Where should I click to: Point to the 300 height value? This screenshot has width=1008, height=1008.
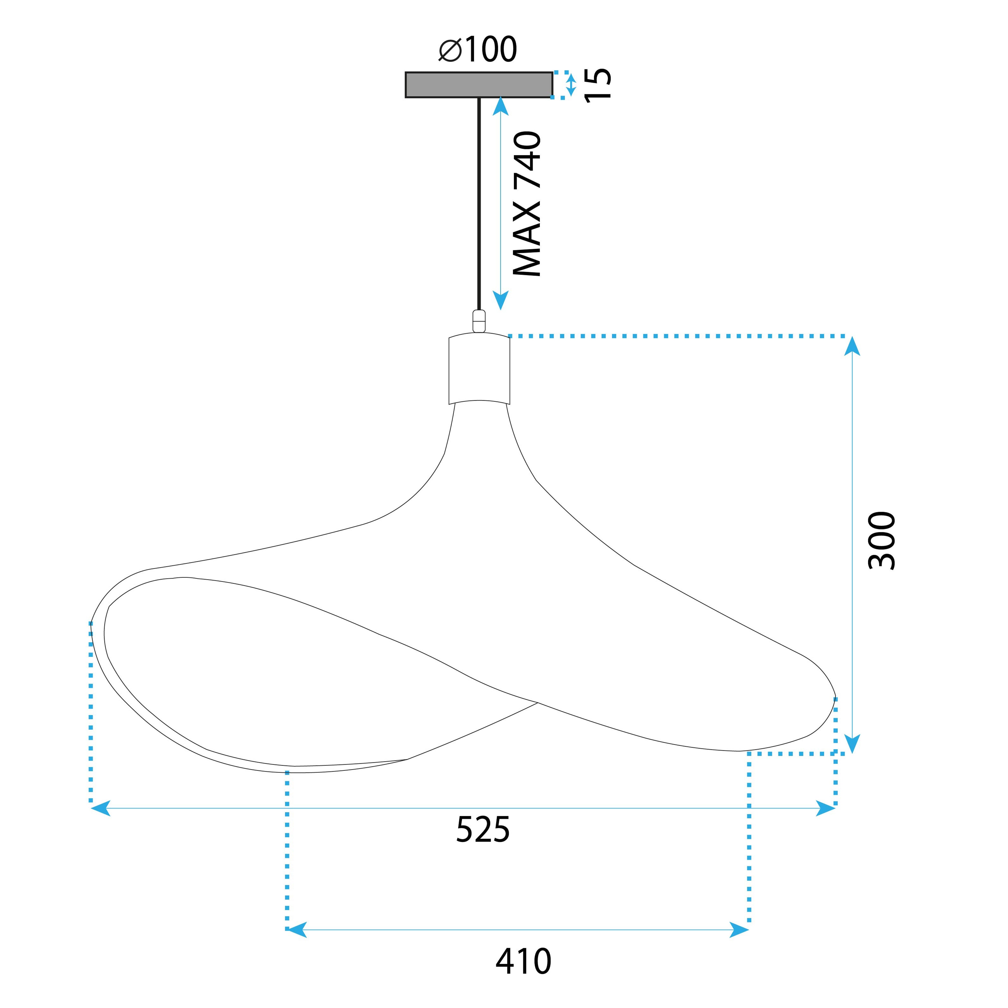[x=882, y=541]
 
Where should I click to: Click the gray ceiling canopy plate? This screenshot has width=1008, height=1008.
[x=479, y=85]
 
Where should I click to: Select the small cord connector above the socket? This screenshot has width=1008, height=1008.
[x=479, y=321]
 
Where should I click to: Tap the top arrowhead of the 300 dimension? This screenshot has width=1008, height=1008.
[x=852, y=346]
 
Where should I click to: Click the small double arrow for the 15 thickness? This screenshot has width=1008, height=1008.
[x=571, y=85]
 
